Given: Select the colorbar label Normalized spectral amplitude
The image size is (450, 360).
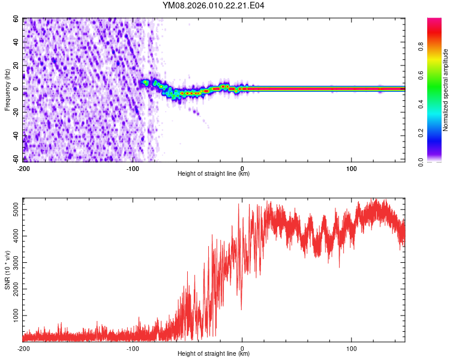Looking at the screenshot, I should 445,90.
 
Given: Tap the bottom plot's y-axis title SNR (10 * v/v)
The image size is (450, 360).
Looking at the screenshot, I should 7,270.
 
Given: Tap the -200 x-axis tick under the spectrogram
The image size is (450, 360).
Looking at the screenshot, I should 23,167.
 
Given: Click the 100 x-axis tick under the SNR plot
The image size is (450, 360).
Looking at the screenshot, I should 351,348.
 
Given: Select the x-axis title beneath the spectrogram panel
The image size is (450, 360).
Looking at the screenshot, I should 214,174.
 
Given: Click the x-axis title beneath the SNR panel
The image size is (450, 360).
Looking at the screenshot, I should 214,354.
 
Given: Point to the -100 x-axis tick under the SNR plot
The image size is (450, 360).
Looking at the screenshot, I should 132,348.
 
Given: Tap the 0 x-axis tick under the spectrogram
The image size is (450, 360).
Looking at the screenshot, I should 242,167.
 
